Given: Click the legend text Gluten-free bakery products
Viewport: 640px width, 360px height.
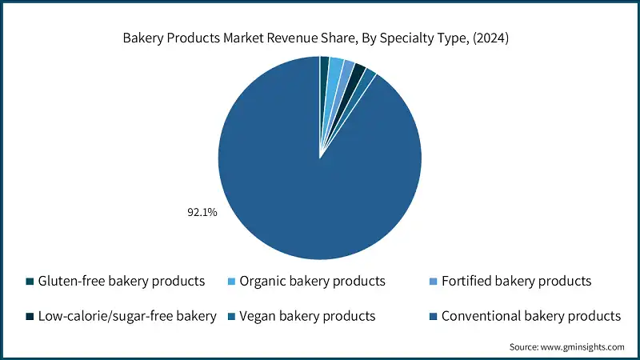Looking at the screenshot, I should pyautogui.click(x=122, y=282).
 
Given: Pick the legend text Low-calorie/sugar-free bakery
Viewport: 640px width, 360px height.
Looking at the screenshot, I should pyautogui.click(x=127, y=316).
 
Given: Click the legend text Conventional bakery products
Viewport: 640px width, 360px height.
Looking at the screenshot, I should pyautogui.click(x=532, y=316).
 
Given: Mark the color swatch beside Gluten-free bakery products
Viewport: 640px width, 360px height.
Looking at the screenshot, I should pyautogui.click(x=30, y=282).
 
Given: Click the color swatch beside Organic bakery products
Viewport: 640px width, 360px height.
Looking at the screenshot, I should pyautogui.click(x=231, y=282).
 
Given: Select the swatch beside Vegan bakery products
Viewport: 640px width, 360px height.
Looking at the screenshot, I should pyautogui.click(x=231, y=317).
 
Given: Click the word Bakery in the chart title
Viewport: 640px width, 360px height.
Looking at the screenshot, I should pyautogui.click(x=142, y=37).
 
